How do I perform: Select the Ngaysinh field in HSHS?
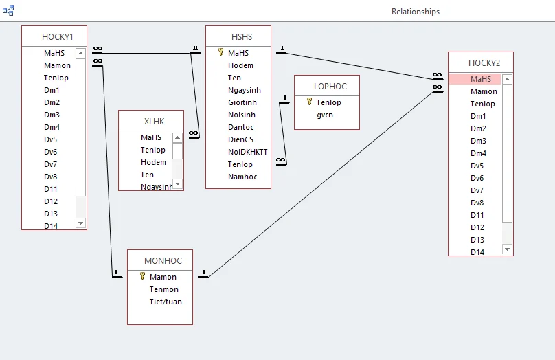point(244,90)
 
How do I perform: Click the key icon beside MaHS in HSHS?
point(221,52)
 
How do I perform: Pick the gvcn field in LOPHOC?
point(325,115)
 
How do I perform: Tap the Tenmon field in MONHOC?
point(163,289)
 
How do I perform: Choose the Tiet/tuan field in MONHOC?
point(166,302)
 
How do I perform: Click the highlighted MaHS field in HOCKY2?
point(481,79)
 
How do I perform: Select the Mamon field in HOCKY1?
point(57,65)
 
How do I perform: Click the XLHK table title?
point(154,122)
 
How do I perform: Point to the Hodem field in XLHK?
point(153,162)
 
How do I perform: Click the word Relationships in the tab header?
point(416,12)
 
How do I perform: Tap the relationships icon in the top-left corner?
point(8,11)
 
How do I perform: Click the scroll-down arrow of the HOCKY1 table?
point(80,223)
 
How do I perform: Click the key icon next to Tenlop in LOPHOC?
point(310,102)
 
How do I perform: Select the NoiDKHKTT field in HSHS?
point(247,152)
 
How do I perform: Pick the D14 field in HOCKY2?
point(477,252)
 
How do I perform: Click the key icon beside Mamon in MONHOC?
point(143,276)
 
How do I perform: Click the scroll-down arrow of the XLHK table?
point(178,183)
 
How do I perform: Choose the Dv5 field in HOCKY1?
point(51,139)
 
